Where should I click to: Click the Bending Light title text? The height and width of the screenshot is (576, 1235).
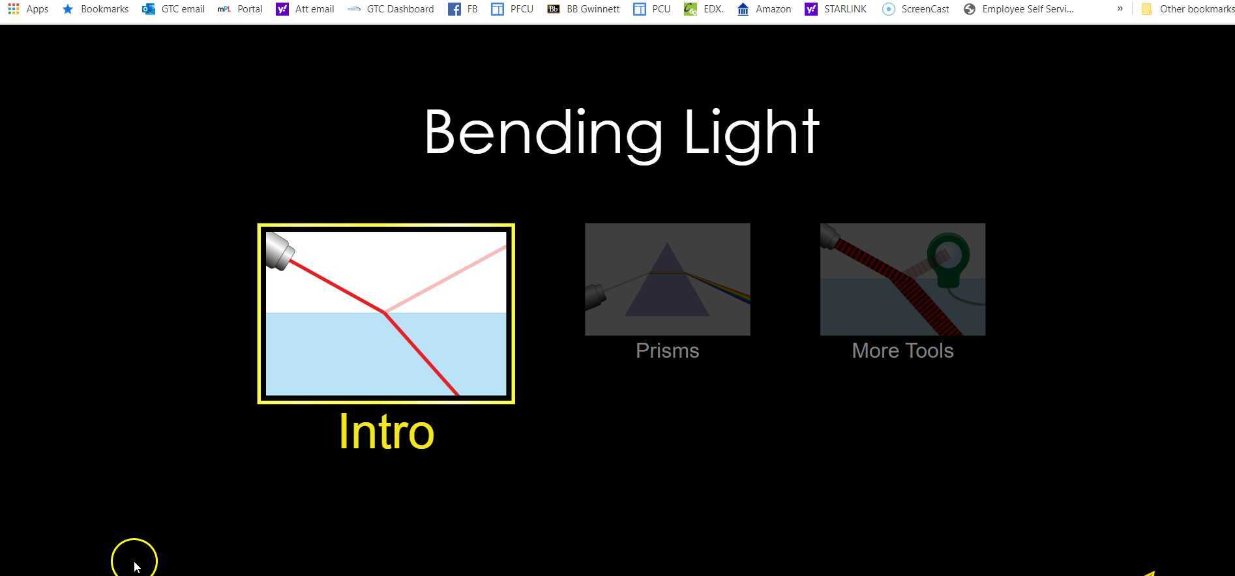tap(621, 133)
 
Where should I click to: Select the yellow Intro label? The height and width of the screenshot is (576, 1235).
tap(386, 432)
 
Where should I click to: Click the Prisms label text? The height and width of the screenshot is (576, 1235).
tap(667, 351)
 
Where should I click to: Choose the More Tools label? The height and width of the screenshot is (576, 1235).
tap(902, 351)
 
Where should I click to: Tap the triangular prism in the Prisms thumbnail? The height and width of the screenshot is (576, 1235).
tap(666, 287)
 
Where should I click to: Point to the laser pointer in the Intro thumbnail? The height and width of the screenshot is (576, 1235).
tap(280, 250)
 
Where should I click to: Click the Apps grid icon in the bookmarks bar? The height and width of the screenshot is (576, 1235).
tap(14, 9)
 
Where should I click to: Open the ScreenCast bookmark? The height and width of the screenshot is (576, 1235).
tap(915, 9)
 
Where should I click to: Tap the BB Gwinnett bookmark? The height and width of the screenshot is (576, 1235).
tap(584, 9)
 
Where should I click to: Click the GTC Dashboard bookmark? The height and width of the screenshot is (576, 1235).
tap(391, 9)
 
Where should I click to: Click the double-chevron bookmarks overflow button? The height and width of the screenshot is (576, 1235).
tap(1120, 9)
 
